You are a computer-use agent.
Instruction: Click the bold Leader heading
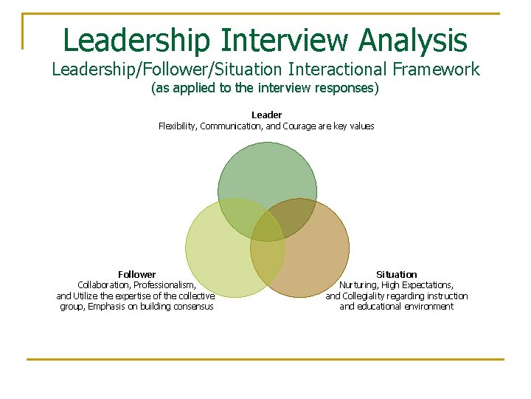pos(266,115)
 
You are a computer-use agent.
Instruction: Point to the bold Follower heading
pos(137,274)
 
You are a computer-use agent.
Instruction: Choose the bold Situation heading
pos(396,274)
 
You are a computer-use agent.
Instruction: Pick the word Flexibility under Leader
pos(178,126)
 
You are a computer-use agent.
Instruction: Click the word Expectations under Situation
pos(428,285)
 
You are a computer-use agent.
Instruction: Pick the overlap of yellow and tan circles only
pos(268,255)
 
